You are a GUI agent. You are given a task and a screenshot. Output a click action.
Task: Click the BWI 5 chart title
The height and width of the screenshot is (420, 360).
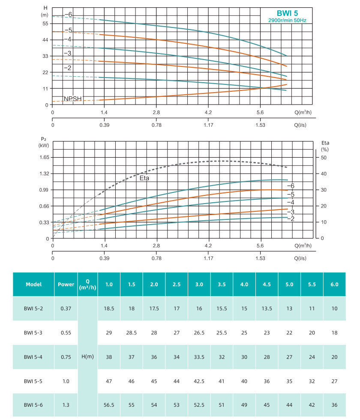point(288,13)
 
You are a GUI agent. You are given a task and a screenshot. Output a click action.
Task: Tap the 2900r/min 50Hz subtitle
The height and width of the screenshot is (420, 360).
point(288,20)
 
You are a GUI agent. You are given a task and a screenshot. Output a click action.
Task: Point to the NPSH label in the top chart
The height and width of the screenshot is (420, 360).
point(72,99)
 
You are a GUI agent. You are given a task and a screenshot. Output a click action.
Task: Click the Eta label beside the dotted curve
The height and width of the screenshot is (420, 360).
point(144,177)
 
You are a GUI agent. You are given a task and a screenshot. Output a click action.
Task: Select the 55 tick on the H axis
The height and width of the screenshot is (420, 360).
point(45,24)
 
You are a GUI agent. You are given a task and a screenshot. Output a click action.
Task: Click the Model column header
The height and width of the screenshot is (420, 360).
point(33,284)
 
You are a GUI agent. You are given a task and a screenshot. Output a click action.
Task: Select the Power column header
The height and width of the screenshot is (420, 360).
point(66,284)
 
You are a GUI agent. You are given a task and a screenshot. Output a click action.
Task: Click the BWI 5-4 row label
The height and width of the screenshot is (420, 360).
point(33,357)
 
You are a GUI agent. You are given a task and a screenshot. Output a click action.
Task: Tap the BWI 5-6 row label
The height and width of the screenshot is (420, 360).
point(33,405)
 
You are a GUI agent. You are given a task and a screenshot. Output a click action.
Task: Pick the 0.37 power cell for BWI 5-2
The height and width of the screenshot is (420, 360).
point(66,308)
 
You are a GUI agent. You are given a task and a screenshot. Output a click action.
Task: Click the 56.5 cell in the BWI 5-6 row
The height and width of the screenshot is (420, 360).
point(109,405)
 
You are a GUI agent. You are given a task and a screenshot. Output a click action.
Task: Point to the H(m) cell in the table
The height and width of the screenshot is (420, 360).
point(88,357)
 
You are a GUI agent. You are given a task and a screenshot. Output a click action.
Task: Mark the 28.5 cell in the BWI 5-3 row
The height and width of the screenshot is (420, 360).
point(131,333)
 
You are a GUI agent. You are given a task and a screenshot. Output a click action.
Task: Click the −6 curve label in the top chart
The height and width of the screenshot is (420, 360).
point(69,15)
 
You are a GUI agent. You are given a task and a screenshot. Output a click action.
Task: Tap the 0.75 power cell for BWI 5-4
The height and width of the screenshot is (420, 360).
point(66,357)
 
